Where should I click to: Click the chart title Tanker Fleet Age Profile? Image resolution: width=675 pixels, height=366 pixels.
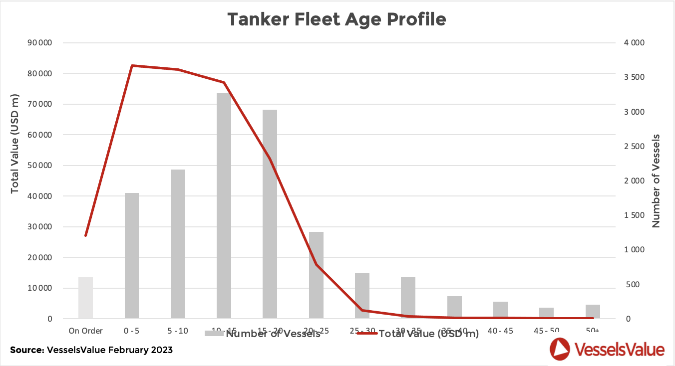337,19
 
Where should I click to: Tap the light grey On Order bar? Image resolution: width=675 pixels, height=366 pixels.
85,298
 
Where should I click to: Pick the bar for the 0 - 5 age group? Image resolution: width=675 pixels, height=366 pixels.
132,255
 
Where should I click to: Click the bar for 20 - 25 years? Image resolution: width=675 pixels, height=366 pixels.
316,275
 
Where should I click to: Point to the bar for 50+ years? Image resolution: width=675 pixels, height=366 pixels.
593,311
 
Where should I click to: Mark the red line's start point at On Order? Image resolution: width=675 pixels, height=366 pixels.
86,235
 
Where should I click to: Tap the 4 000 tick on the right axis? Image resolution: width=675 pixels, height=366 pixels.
634,43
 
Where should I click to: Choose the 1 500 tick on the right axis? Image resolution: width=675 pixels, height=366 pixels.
634,215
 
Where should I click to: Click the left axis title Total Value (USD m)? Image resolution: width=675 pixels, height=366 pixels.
14,143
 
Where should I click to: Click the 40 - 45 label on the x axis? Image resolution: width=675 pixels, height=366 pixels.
500,331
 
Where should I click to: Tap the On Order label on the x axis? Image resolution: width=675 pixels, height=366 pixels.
85,331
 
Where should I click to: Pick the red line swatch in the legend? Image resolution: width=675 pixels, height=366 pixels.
367,333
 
